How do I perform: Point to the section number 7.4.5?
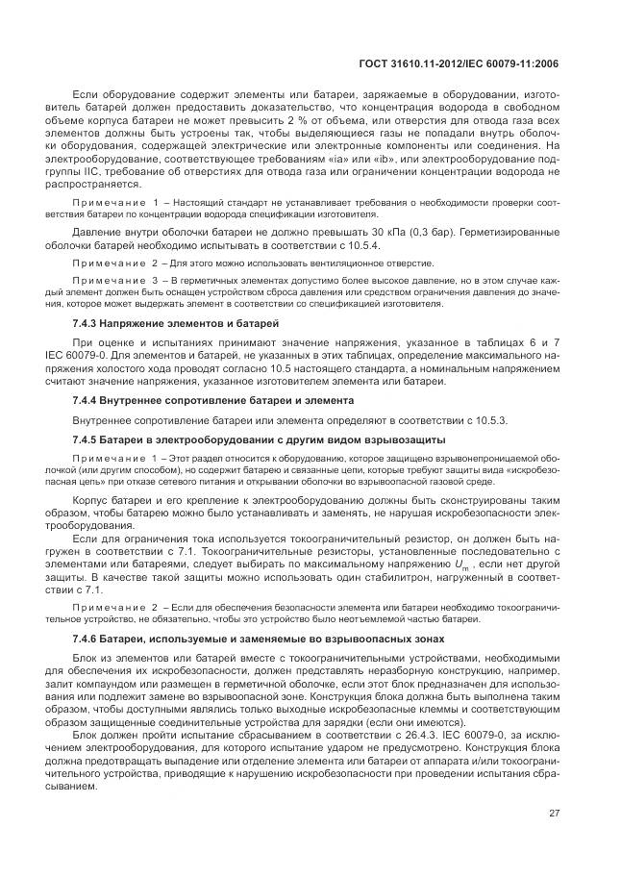tap(88, 439)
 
